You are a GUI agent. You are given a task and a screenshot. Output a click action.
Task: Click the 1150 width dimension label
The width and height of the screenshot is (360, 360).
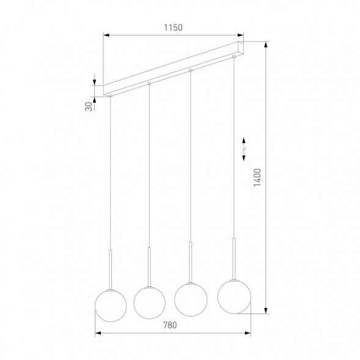pos(174,28)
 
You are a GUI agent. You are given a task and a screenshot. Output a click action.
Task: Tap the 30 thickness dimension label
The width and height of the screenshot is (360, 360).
pos(89,106)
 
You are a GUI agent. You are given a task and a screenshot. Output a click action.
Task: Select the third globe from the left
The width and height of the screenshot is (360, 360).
pos(190,299)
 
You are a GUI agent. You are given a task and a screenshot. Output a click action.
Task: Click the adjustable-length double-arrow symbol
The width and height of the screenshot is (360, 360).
pos(244,149)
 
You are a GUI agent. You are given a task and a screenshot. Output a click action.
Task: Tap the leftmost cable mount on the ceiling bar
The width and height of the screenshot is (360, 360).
pos(111,95)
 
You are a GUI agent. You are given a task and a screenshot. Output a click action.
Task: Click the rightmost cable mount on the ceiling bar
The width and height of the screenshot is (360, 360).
pos(233,57)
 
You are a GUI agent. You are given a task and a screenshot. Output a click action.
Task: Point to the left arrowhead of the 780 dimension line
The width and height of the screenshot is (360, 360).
pos(98,334)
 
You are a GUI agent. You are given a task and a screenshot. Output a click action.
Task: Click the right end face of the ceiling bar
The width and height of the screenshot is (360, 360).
pos(243,50)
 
